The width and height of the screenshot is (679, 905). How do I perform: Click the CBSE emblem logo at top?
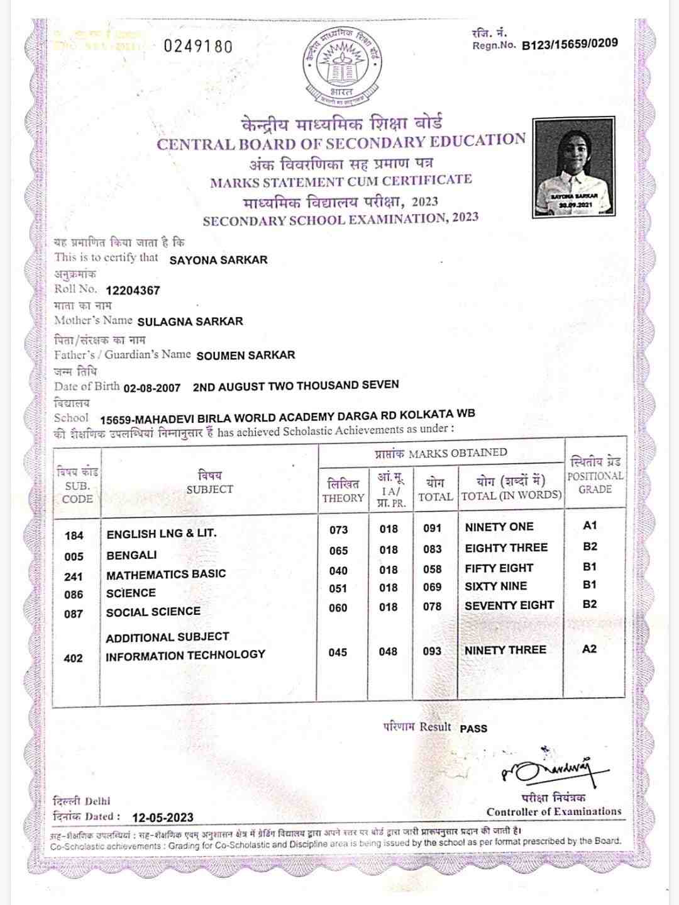pos(341,65)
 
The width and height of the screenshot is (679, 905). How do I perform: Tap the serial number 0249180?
pos(198,47)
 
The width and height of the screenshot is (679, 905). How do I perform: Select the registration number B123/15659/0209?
pos(570,44)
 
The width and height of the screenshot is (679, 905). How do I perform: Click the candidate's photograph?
pos(573,167)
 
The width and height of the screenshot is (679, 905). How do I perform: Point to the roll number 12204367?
pos(133,291)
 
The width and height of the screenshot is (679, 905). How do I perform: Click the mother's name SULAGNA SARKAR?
pos(190,322)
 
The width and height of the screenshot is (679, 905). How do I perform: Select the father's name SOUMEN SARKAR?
pos(245,356)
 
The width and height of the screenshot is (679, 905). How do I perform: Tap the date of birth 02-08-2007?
pos(152,388)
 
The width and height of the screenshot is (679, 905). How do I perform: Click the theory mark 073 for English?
pos(338,530)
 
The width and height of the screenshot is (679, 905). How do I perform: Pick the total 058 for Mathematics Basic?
pos(432,569)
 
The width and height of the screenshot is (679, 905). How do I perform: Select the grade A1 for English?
pos(590,526)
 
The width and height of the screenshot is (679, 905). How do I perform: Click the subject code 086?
pos(74,595)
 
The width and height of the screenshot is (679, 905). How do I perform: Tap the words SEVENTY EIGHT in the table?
pos(509,605)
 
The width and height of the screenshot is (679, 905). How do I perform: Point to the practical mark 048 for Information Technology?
pos(388,652)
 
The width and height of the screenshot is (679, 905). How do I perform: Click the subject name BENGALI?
pos(132,555)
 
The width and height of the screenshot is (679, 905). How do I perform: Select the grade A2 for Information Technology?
pos(589,649)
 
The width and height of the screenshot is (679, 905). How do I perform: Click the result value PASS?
pos(473,728)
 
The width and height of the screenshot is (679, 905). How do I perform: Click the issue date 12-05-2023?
pos(163,818)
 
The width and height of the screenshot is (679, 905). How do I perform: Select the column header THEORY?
pos(343,498)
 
